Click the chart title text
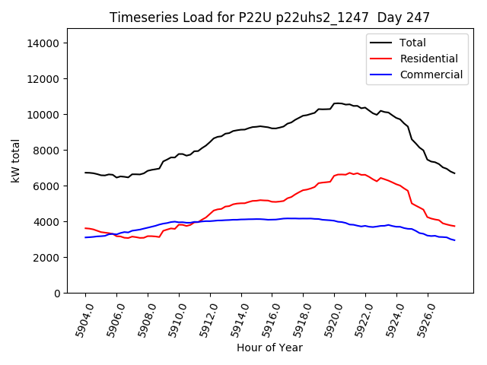pyautogui.click(x=269, y=17)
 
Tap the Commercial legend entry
pyautogui.click(x=431, y=75)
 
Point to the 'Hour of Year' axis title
pyautogui.click(x=269, y=348)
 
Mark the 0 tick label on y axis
pyautogui.click(x=57, y=294)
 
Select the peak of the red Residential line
pyautogui.click(x=350, y=173)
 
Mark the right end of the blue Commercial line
pyautogui.click(x=455, y=240)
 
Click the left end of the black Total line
pyautogui.click(x=85, y=173)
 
